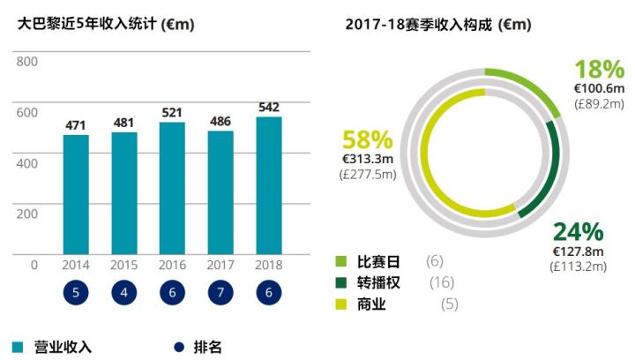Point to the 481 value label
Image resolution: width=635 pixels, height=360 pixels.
click(x=124, y=122)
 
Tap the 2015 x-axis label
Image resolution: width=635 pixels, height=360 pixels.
click(x=124, y=265)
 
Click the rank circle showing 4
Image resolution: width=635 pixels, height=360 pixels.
click(x=124, y=294)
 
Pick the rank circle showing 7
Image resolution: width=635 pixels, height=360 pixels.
click(x=220, y=294)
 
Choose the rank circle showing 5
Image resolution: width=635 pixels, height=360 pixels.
click(x=76, y=294)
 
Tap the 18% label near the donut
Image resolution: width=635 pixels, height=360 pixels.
click(x=599, y=70)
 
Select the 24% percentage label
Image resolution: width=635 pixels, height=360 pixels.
click(x=578, y=232)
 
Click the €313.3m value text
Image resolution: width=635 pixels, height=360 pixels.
click(x=368, y=159)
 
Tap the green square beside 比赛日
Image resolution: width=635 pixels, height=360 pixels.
click(x=342, y=262)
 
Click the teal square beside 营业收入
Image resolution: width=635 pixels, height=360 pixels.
click(x=18, y=346)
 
